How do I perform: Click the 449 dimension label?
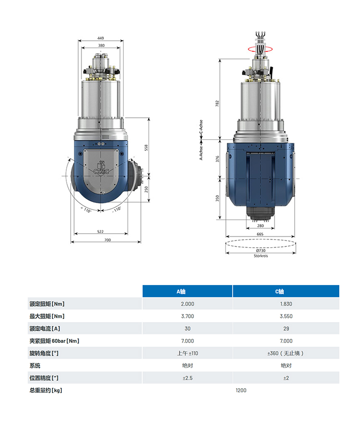click(x=100, y=38)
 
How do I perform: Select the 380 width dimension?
click(x=101, y=46)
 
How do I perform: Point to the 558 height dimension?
click(x=146, y=147)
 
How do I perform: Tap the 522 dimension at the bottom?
click(x=100, y=232)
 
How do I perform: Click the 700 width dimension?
click(x=108, y=240)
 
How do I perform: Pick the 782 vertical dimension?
click(x=217, y=103)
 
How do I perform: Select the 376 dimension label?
click(x=217, y=159)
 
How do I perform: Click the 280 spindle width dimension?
click(x=260, y=226)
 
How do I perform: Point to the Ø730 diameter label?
click(x=261, y=251)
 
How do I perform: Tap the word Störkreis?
click(x=261, y=256)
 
